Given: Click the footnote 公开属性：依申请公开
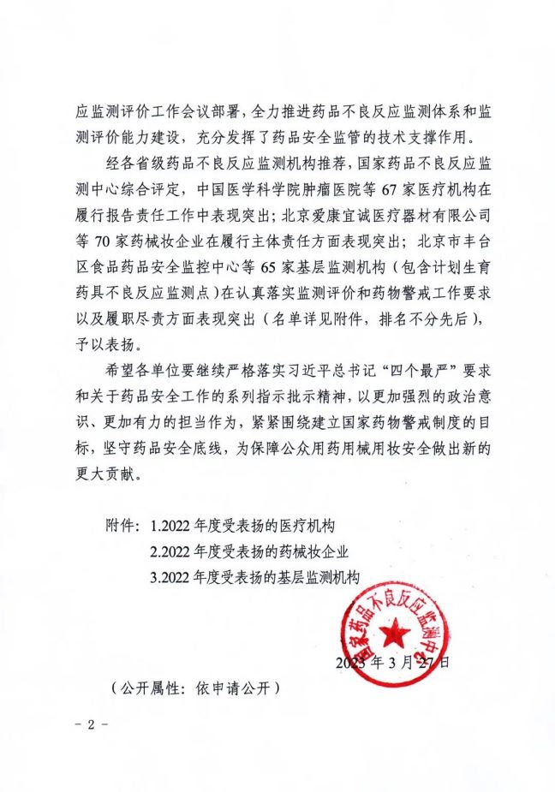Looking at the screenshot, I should coord(196,688).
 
